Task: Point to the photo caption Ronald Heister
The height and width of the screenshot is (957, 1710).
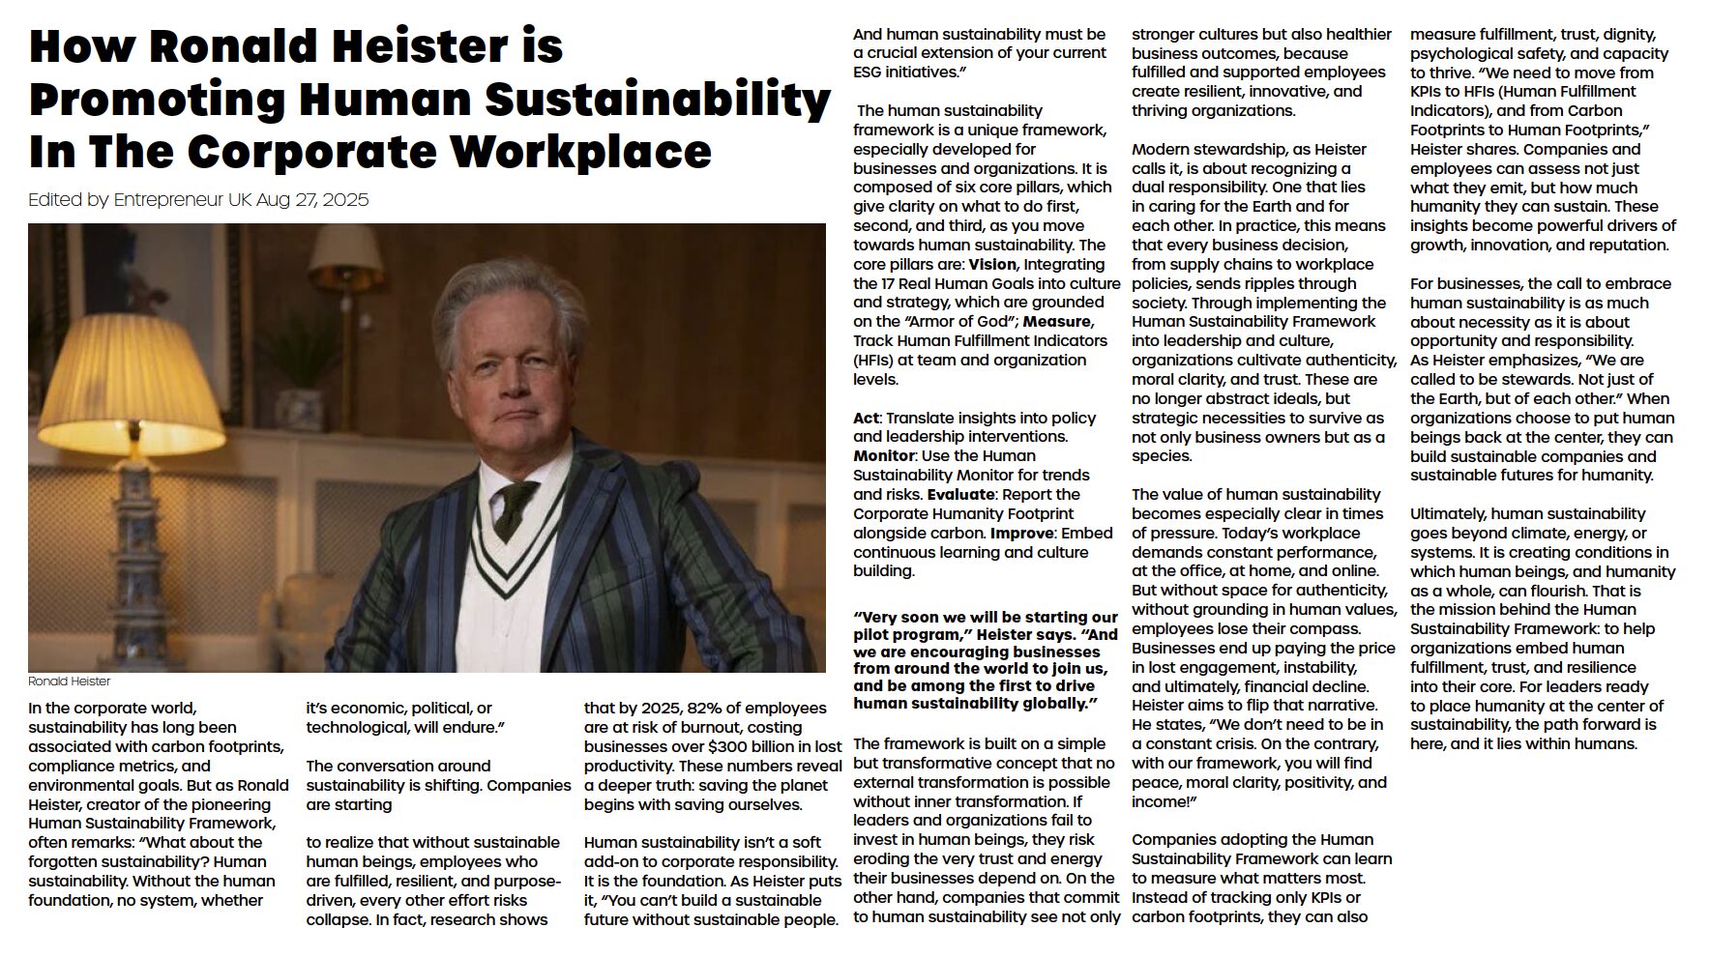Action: pyautogui.click(x=70, y=681)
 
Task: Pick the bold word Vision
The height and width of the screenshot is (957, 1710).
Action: pyautogui.click(x=992, y=264)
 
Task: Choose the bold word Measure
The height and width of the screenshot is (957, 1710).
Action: pyautogui.click(x=1057, y=321)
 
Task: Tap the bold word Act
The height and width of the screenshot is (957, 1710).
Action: pyautogui.click(x=866, y=418)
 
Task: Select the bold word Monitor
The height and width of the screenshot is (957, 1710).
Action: pyautogui.click(x=883, y=455)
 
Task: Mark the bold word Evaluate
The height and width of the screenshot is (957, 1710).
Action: pyautogui.click(x=960, y=494)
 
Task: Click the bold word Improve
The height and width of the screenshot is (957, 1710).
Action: pyautogui.click(x=1021, y=533)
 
